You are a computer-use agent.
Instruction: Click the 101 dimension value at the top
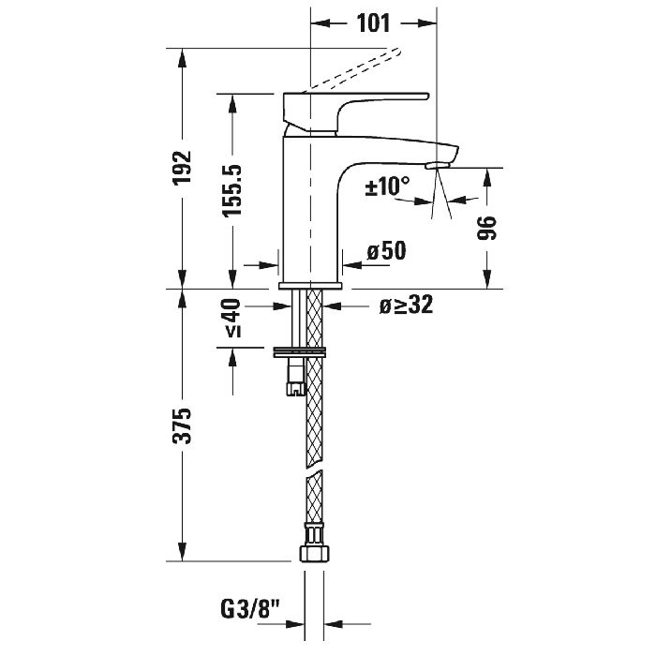pyautogui.click(x=373, y=24)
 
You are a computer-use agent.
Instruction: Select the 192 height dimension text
pyautogui.click(x=184, y=168)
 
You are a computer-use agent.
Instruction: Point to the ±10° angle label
pyautogui.click(x=387, y=186)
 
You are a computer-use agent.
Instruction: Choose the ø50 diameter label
pyautogui.click(x=385, y=251)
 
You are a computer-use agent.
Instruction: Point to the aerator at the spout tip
pyautogui.click(x=437, y=166)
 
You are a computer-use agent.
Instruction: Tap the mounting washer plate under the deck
pyautogui.click(x=301, y=352)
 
